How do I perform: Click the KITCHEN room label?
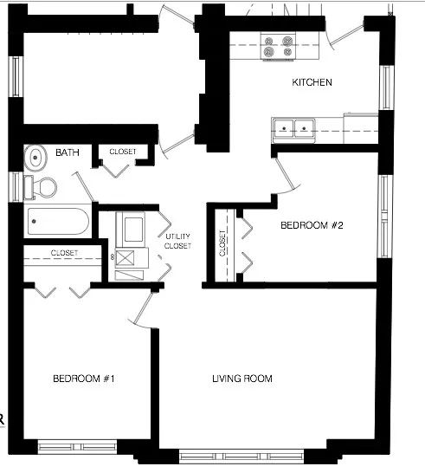pos(312,83)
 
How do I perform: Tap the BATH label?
pos(68,152)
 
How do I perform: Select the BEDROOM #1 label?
pos(84,379)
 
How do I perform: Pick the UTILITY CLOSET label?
pos(178,242)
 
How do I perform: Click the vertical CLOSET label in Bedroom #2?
pos(223,245)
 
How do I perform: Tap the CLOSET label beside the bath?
pos(123,152)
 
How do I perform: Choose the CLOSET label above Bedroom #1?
pos(64,253)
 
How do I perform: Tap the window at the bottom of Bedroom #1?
pos(77,445)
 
